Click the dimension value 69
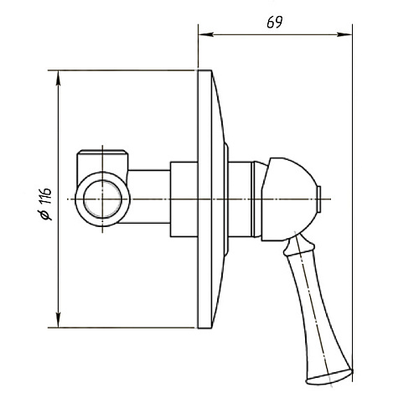(x=275, y=23)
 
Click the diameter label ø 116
(x=45, y=204)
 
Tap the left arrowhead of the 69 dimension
(x=206, y=34)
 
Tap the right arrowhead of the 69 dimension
(x=344, y=34)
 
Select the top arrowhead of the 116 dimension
(x=58, y=78)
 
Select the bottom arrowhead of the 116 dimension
(x=58, y=320)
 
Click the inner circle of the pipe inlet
(x=102, y=199)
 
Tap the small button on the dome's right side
(x=319, y=199)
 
